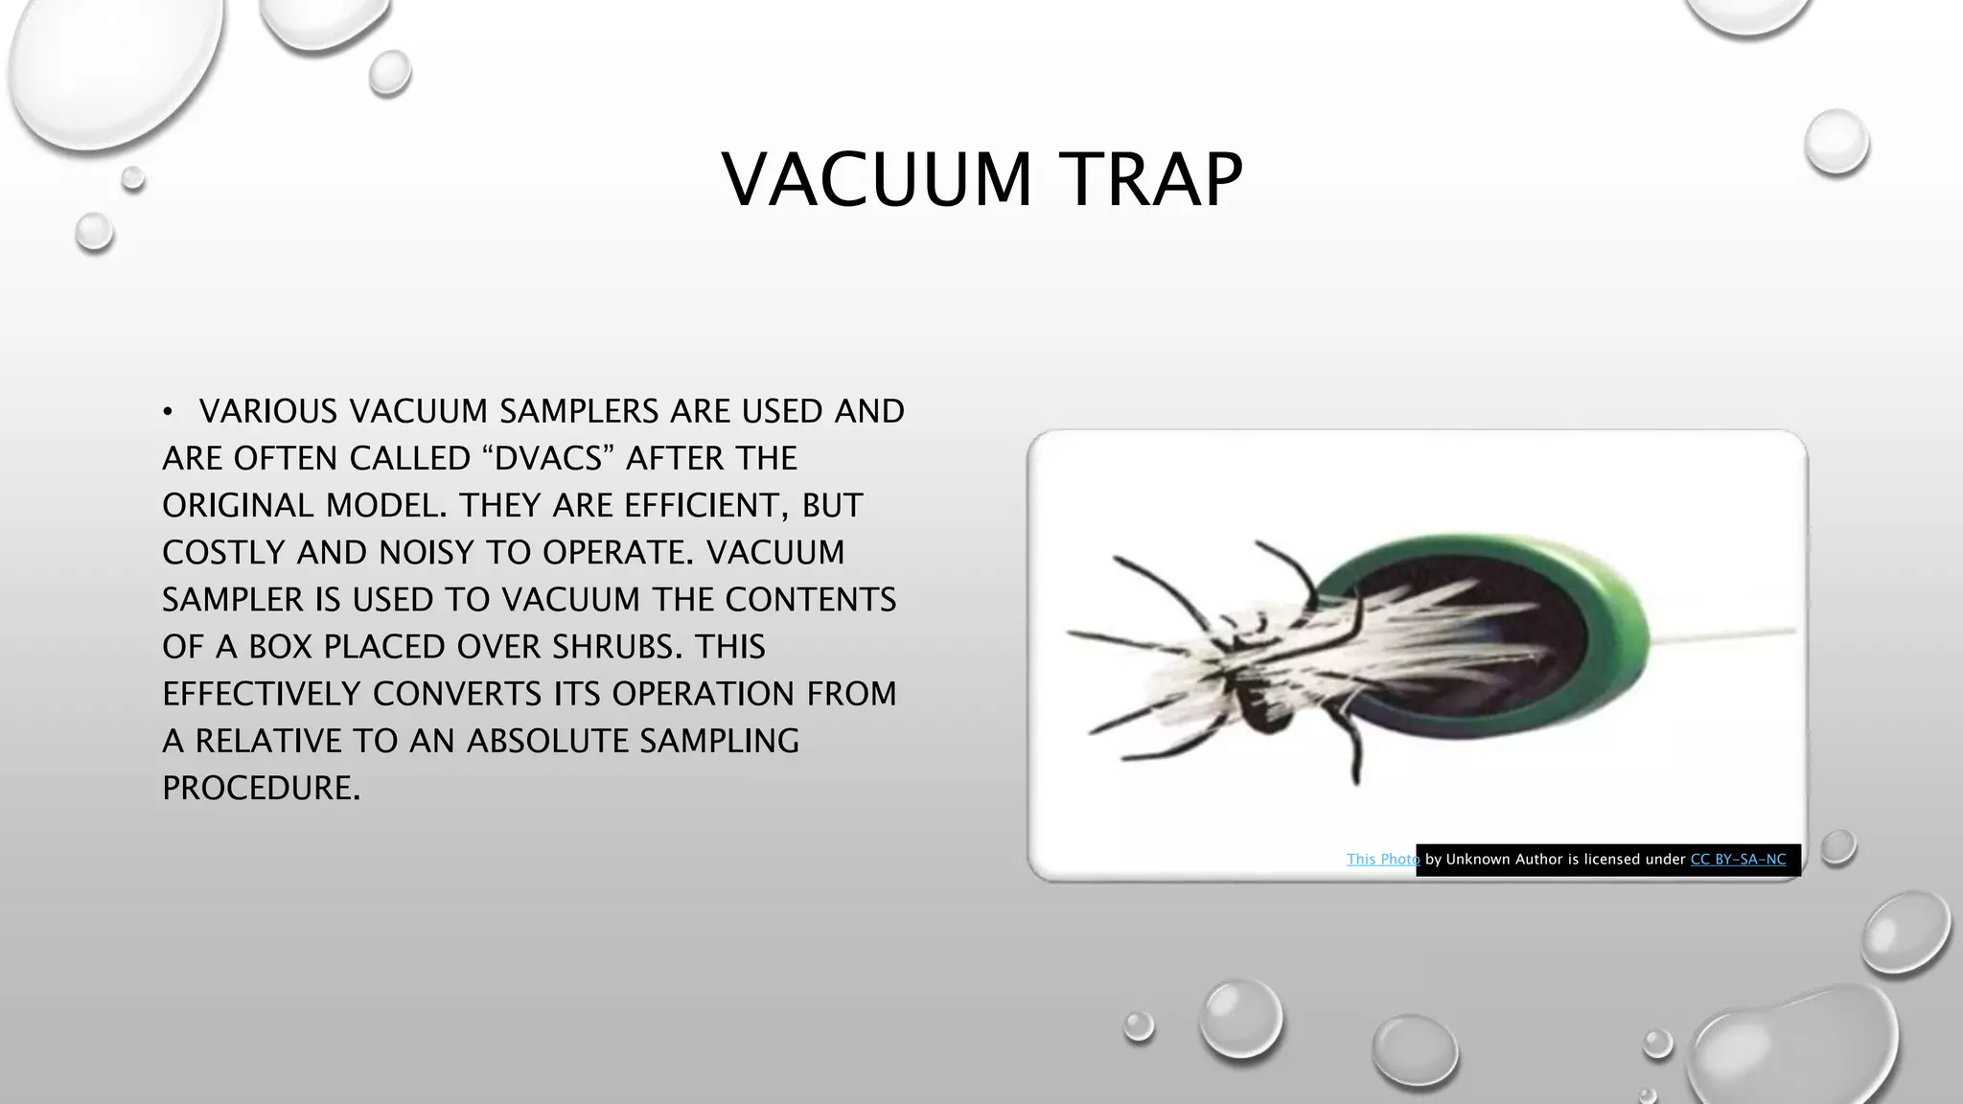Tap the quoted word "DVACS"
click(545, 458)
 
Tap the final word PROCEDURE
click(261, 788)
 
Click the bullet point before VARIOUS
click(168, 412)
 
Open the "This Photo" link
click(1382, 860)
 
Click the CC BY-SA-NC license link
click(1738, 860)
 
